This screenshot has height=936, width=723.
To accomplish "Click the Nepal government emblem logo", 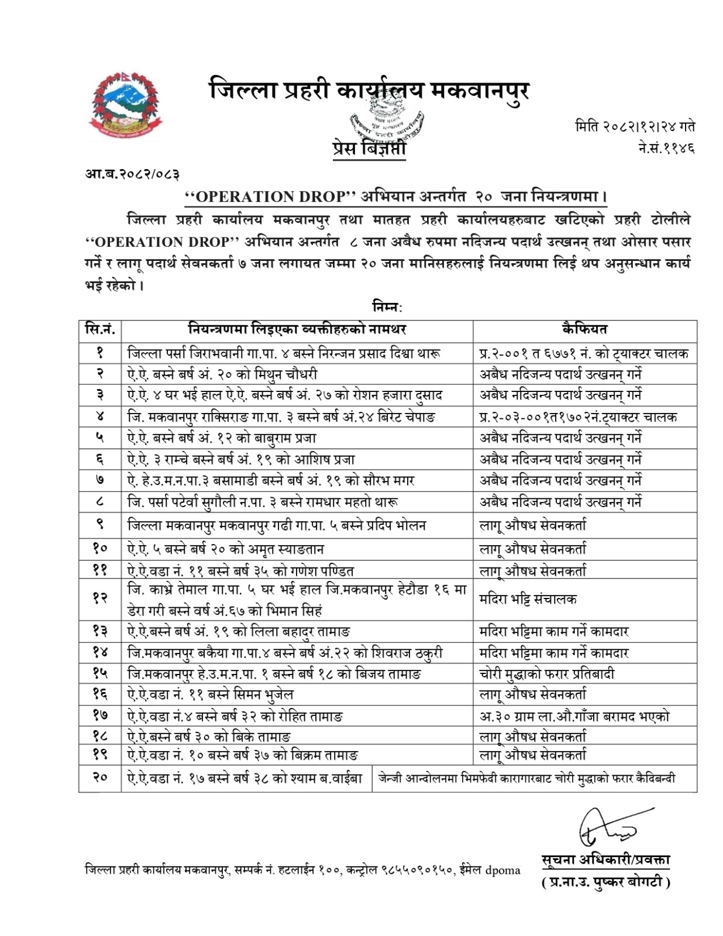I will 126,105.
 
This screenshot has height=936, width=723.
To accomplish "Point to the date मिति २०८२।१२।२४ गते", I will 635,126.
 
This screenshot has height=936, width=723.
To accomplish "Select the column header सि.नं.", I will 100,330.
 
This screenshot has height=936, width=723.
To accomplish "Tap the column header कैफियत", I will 584,330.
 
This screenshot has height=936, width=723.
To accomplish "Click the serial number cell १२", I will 100,598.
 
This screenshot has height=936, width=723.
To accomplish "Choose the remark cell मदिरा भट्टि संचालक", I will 528,598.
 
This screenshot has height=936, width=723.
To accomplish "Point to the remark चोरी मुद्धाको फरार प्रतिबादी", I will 546,674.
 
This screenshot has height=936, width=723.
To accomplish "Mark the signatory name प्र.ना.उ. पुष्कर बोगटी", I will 605,882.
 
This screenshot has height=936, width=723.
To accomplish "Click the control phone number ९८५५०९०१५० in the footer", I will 418,870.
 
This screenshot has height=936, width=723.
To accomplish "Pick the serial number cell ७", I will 100,480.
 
